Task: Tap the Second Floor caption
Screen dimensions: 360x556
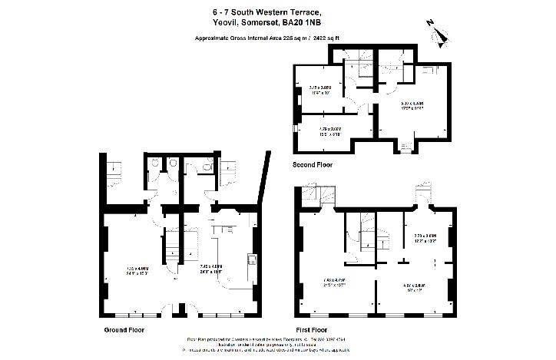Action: [x=312, y=164]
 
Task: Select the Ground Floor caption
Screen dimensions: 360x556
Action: [x=124, y=329]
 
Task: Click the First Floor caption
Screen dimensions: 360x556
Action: [x=313, y=329]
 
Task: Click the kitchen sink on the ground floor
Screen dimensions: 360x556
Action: [x=251, y=259]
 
